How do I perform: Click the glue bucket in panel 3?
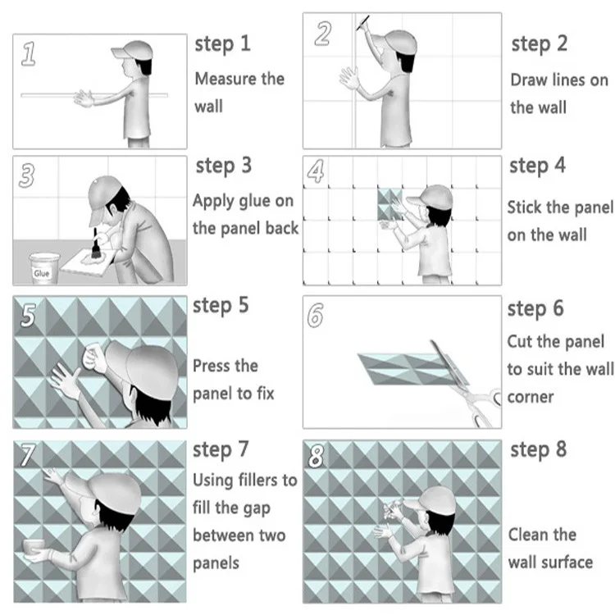coord(44,268)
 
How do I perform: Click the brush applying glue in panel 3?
coord(95,244)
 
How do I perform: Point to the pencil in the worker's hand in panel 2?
coord(362,23)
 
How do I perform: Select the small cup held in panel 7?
coord(34,547)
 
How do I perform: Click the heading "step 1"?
coord(222,44)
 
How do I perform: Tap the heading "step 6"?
coord(535,309)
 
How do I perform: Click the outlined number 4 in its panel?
coord(316,171)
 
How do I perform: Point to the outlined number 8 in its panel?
coord(317,456)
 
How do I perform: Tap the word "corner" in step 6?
coord(531,398)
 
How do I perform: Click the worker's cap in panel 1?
coord(132,50)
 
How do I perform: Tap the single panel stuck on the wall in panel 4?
coord(389,204)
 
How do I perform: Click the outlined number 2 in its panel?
coord(323,34)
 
